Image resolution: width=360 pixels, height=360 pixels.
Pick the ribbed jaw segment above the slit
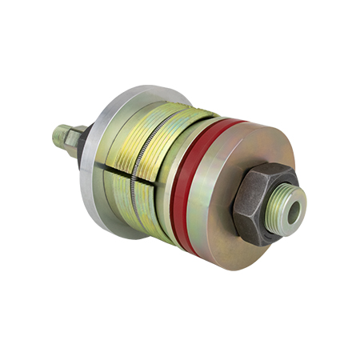[152, 136]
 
